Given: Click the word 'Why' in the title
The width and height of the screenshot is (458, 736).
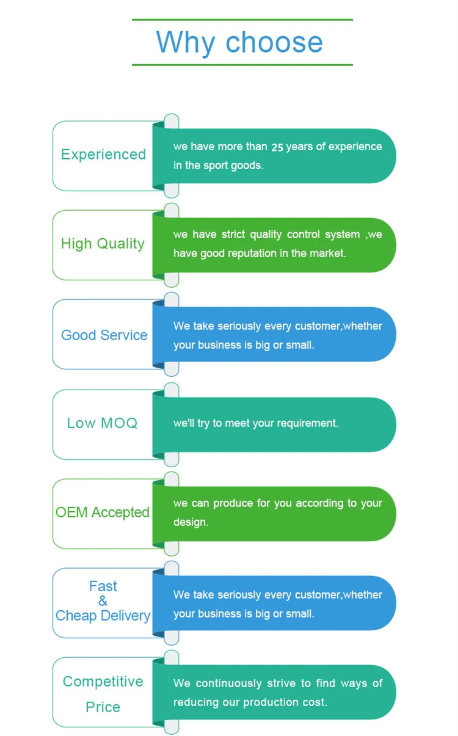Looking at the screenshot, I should click(x=186, y=42).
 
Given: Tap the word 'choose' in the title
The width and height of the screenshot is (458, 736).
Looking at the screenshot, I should click(x=274, y=42).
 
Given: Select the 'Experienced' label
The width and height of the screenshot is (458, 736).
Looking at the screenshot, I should click(x=103, y=155).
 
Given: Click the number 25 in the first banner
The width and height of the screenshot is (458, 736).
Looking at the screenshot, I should click(x=277, y=147).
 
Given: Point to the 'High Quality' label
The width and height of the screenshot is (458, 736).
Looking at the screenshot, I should click(x=103, y=244).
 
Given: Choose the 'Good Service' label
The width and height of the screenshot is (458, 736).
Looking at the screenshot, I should click(x=104, y=335).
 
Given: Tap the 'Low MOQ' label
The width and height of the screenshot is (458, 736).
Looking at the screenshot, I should click(x=103, y=423).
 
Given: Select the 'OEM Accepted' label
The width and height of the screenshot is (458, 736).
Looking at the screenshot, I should click(x=103, y=512).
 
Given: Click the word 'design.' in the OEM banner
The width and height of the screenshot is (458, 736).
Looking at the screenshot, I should click(x=191, y=522).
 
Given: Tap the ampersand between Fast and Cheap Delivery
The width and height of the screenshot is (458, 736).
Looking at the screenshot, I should click(x=103, y=601).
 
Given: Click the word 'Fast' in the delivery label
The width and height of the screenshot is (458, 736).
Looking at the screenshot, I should click(x=103, y=586).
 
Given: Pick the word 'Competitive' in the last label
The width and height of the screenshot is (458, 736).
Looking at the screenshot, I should click(x=103, y=682).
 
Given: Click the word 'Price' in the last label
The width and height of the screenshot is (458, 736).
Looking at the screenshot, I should click(x=103, y=707).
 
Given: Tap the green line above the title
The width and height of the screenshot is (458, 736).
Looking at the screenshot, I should click(x=242, y=20).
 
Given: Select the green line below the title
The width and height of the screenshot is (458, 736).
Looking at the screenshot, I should click(x=242, y=64).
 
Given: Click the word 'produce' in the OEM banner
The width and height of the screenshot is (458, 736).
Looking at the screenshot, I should click(x=232, y=503).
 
